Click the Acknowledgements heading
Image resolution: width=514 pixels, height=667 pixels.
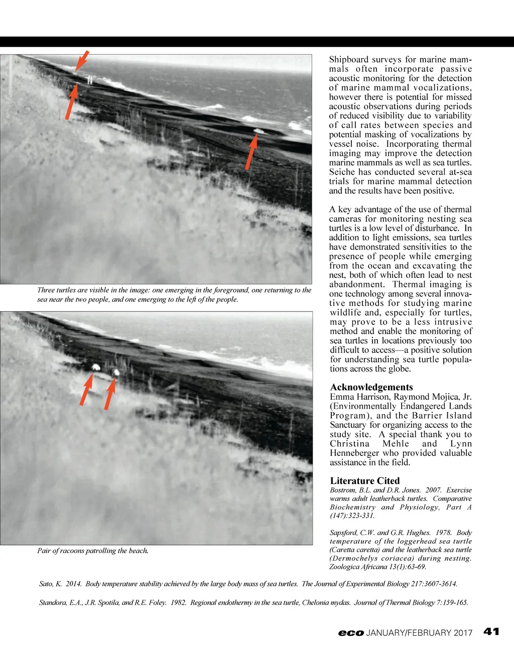371,387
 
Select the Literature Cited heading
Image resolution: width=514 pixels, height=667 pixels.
365,480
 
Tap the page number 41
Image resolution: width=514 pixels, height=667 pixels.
491,631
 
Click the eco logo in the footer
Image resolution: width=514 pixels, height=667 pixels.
350,633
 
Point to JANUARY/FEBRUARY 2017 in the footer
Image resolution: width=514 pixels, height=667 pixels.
419,633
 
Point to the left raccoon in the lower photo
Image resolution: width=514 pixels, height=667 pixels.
94,368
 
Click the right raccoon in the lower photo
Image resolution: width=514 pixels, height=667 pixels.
116,372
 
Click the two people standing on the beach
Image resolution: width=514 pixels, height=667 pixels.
90,79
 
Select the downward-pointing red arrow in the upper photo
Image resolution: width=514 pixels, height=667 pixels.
81,61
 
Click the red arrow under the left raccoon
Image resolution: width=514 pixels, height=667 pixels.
86,390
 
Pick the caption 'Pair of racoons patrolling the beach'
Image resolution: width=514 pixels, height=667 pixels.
92,551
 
